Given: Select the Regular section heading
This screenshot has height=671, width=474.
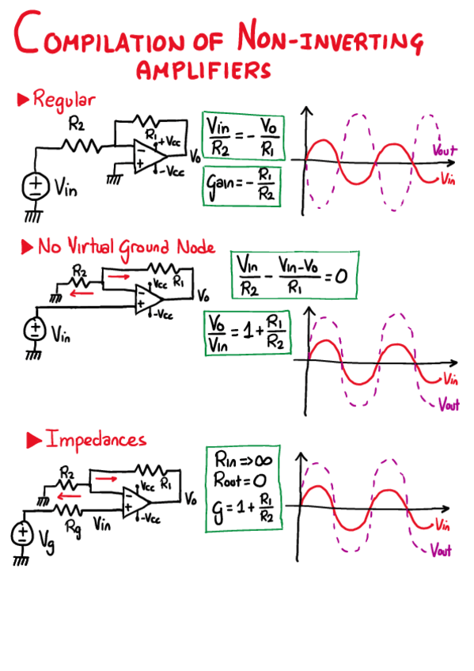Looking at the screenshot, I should (x=63, y=100).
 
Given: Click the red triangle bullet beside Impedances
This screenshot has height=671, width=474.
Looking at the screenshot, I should (x=33, y=439).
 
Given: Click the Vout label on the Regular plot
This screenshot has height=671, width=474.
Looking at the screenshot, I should (x=445, y=149).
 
